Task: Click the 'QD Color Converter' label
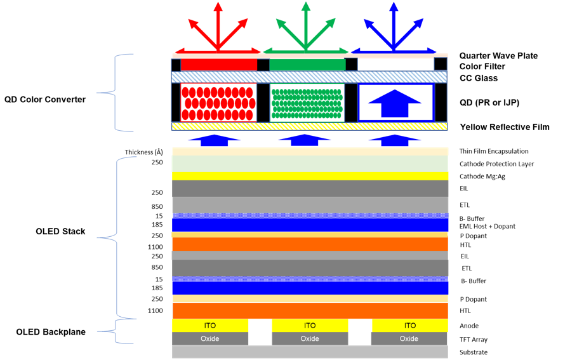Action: [45, 99]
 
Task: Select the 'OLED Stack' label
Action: [60, 231]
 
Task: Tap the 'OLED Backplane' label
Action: [50, 332]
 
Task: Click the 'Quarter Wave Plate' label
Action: [498, 56]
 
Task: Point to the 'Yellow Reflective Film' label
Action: [505, 127]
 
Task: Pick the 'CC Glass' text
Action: [479, 78]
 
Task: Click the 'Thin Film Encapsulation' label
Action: [494, 151]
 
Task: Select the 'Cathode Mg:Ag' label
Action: [482, 176]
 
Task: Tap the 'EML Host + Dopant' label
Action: [488, 226]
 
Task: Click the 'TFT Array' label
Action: [474, 340]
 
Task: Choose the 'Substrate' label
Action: [473, 352]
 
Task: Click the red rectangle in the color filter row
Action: [219, 65]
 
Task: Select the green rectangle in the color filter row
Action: [307, 65]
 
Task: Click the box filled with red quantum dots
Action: [218, 102]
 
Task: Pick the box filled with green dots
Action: [307, 102]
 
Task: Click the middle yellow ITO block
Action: [310, 325]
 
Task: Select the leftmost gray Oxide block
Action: [210, 338]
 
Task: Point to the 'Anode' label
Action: [469, 326]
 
